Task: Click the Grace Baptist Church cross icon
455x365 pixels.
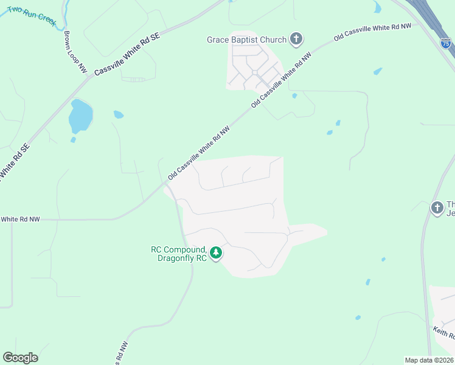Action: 296,40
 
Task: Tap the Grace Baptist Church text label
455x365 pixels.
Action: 246,40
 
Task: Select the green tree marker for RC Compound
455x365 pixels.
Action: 215,252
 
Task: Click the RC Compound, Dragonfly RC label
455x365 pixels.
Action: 179,254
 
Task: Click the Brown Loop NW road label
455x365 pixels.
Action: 75,52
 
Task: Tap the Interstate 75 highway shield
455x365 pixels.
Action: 446,44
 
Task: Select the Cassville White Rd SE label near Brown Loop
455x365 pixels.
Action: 127,54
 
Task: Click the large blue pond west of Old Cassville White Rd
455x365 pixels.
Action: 80,116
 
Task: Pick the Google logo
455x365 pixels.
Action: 20,358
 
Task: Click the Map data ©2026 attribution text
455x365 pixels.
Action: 429,360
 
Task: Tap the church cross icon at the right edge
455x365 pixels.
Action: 437,208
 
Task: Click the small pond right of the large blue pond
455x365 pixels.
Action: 118,114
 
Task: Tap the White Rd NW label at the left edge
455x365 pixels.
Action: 20,219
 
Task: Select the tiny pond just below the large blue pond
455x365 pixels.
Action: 73,140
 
